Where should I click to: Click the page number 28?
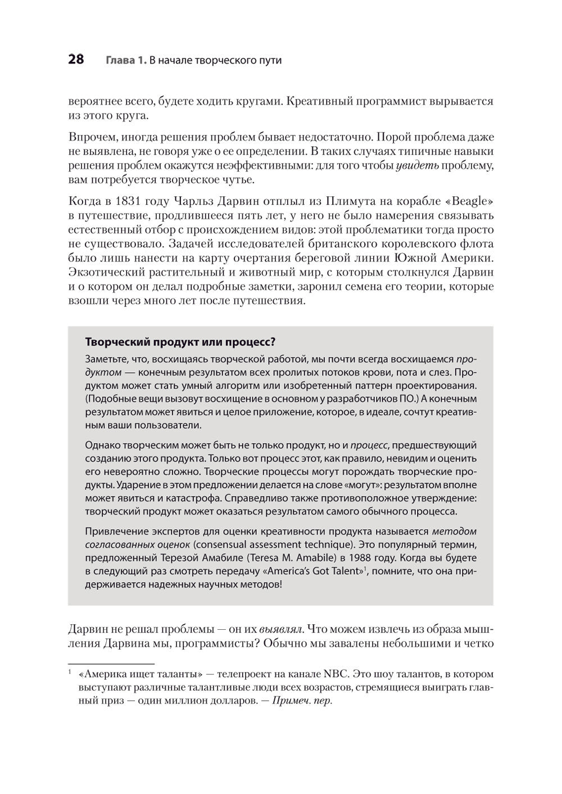tap(76, 60)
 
